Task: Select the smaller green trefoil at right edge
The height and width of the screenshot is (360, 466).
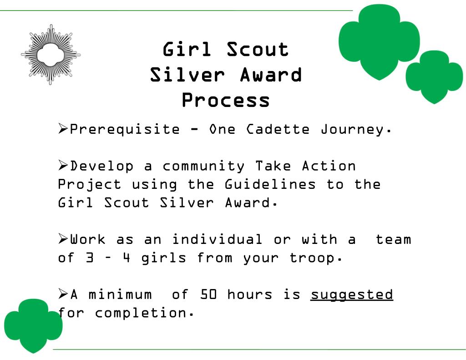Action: (434, 76)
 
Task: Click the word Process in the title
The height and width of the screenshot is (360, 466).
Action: (226, 101)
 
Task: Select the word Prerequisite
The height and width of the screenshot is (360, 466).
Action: (125, 130)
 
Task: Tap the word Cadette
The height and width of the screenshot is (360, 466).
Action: (278, 129)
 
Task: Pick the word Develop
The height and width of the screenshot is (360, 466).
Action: (102, 166)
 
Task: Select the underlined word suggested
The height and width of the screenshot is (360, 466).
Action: (351, 295)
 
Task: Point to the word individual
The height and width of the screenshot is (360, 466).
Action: (217, 239)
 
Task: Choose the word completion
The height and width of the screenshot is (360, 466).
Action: (143, 313)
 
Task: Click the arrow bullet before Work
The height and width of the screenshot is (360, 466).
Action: (63, 238)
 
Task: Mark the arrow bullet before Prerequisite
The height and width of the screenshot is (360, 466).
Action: (63, 129)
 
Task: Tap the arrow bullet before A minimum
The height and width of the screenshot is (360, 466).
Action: (63, 294)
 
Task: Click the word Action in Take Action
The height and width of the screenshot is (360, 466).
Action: (329, 166)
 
